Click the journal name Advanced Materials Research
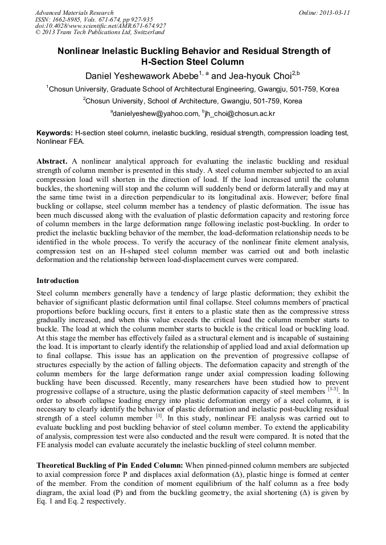[74, 13]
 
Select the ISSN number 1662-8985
[69, 19]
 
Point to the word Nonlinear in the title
[81, 51]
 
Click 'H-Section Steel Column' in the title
[193, 62]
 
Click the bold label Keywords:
[55, 132]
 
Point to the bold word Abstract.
[52, 161]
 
